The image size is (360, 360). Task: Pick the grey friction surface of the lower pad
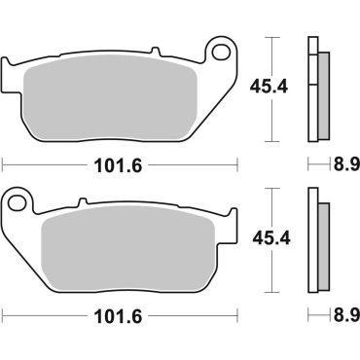pyautogui.click(x=122, y=245)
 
